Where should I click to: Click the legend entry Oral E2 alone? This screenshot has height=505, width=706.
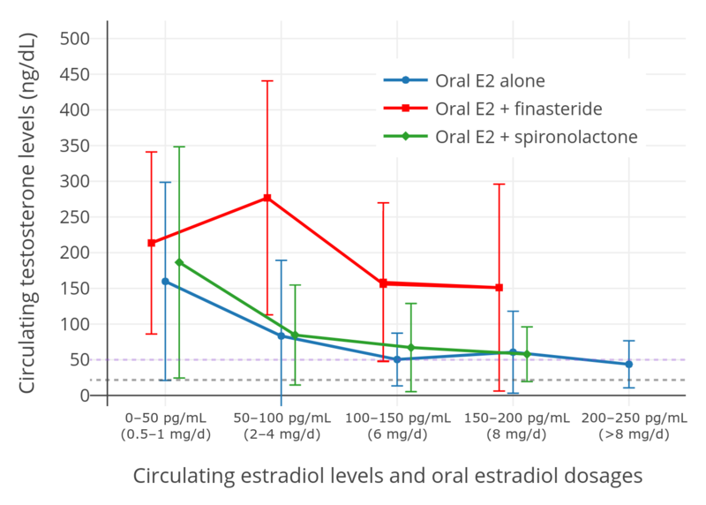tap(490, 80)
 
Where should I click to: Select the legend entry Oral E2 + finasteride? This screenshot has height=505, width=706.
tap(518, 109)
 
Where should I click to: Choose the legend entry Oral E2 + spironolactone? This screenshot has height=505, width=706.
tap(536, 137)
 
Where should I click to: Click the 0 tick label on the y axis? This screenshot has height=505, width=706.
tap(86, 396)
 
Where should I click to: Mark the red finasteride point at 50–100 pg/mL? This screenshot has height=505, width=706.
tap(267, 198)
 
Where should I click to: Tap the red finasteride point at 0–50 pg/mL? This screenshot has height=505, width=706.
tap(152, 243)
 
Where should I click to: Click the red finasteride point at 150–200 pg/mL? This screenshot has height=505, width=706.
tap(499, 288)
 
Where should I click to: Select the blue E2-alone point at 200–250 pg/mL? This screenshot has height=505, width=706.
tap(629, 364)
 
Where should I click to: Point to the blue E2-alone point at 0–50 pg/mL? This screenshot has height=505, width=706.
tap(165, 282)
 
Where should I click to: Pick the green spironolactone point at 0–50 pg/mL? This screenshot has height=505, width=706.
tap(179, 262)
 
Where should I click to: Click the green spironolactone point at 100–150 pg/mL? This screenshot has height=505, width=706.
tap(411, 348)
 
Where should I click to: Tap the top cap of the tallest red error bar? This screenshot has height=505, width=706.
tap(267, 81)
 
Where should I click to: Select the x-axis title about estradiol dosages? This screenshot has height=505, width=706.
tap(387, 476)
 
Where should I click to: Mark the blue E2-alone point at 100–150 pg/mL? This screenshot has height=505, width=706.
tap(397, 359)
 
